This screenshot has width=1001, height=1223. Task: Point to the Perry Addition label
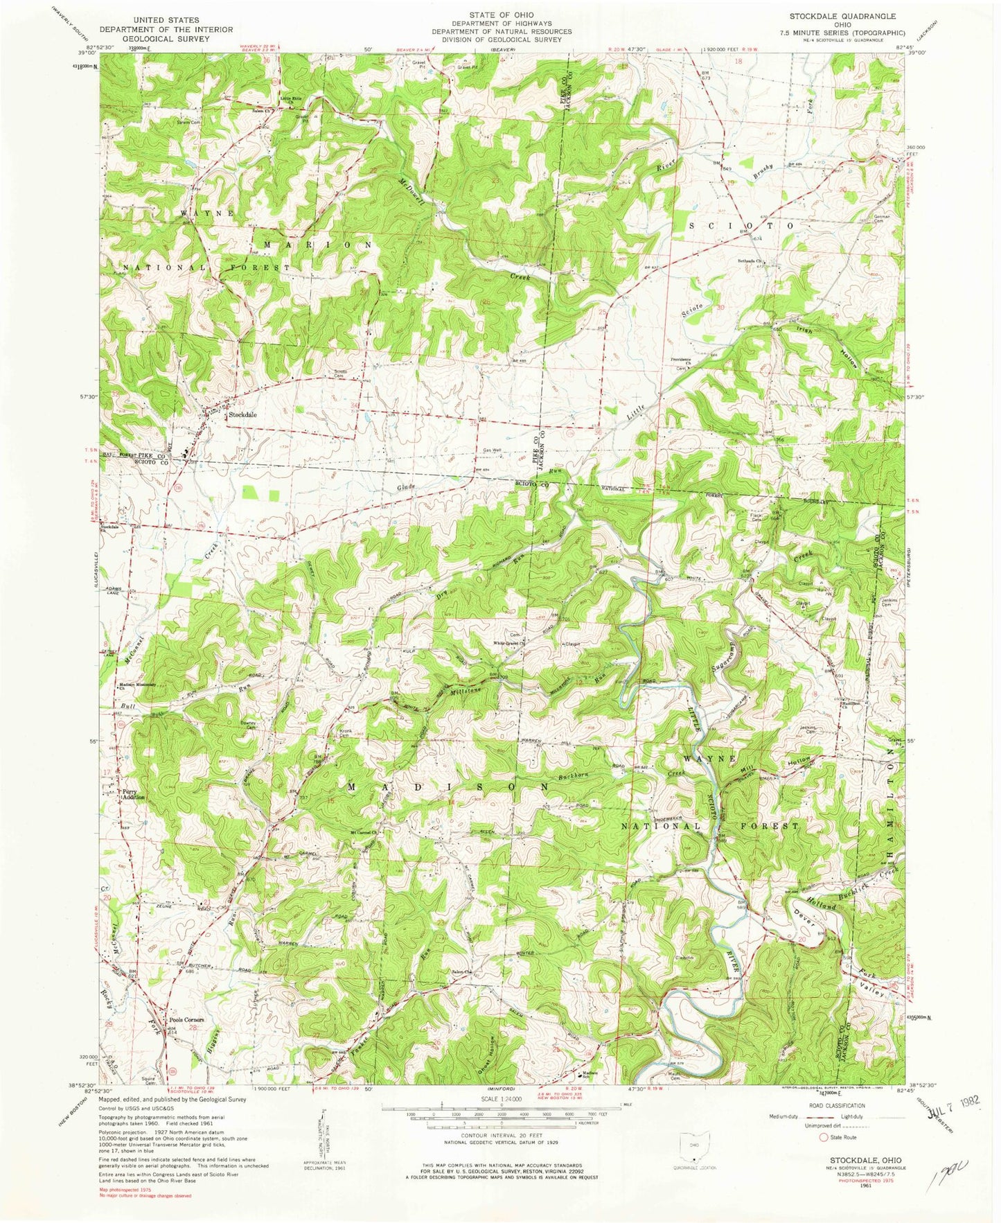[x=134, y=794]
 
